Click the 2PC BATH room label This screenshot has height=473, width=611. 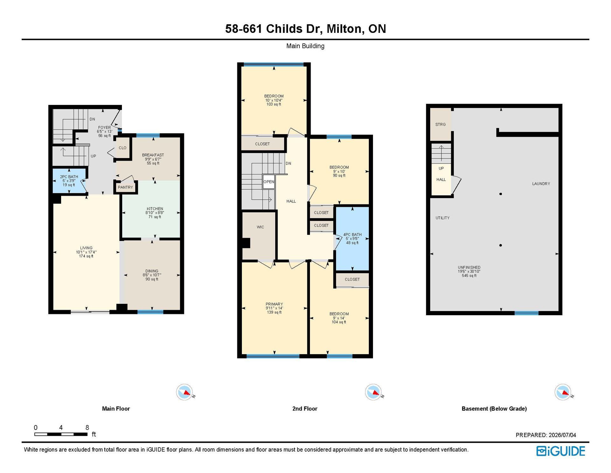(x=69, y=177)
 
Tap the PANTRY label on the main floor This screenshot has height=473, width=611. (x=125, y=187)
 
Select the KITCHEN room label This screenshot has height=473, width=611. (x=155, y=209)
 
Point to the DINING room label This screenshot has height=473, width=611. (x=152, y=271)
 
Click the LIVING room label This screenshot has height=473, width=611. (x=86, y=248)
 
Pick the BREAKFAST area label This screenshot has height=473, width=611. (x=153, y=155)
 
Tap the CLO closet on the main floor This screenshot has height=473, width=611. (x=123, y=148)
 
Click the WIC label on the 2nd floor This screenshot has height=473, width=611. (x=260, y=227)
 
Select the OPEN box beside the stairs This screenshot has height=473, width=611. (x=269, y=182)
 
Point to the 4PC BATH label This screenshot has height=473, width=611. (x=352, y=234)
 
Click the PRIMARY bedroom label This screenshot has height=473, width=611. (x=274, y=304)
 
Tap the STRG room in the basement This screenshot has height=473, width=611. (x=440, y=124)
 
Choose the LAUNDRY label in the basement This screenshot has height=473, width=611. (x=541, y=184)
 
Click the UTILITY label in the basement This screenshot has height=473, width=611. (x=443, y=218)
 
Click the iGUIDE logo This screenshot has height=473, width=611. (x=561, y=451)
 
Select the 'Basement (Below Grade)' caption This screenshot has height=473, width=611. (x=494, y=409)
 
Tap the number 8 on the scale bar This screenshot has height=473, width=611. (x=87, y=427)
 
